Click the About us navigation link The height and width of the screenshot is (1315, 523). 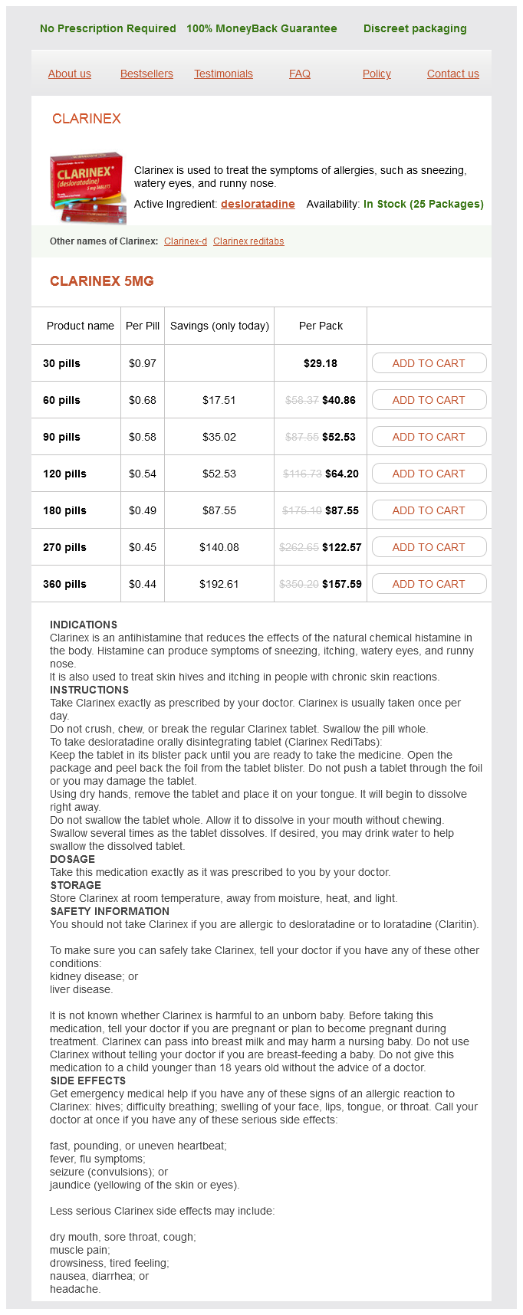pyautogui.click(x=69, y=74)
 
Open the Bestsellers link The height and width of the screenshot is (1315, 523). pyautogui.click(x=146, y=74)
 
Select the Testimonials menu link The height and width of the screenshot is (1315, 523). pyautogui.click(x=223, y=74)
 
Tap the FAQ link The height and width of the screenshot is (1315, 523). pyautogui.click(x=300, y=74)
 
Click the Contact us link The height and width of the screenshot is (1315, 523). pyautogui.click(x=452, y=74)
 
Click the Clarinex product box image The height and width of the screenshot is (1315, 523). pyautogui.click(x=87, y=187)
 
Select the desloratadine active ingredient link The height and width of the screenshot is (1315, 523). pyautogui.click(x=258, y=204)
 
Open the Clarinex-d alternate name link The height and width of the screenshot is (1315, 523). pyautogui.click(x=186, y=241)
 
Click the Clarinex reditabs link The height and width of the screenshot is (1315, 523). pyautogui.click(x=248, y=241)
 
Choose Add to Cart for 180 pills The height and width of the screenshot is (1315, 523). pyautogui.click(x=429, y=510)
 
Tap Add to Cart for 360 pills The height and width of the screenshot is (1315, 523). pyautogui.click(x=429, y=584)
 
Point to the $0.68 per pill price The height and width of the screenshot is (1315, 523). pyautogui.click(x=143, y=400)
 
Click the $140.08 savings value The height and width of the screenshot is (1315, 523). pyautogui.click(x=219, y=547)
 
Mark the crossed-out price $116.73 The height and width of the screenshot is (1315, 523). pyautogui.click(x=301, y=474)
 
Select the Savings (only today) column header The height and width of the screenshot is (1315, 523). pyautogui.click(x=219, y=326)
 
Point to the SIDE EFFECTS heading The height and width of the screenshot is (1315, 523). pyautogui.click(x=88, y=1081)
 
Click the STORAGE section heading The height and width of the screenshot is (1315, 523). pyautogui.click(x=76, y=885)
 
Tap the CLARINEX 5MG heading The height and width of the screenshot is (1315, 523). pyautogui.click(x=102, y=281)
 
